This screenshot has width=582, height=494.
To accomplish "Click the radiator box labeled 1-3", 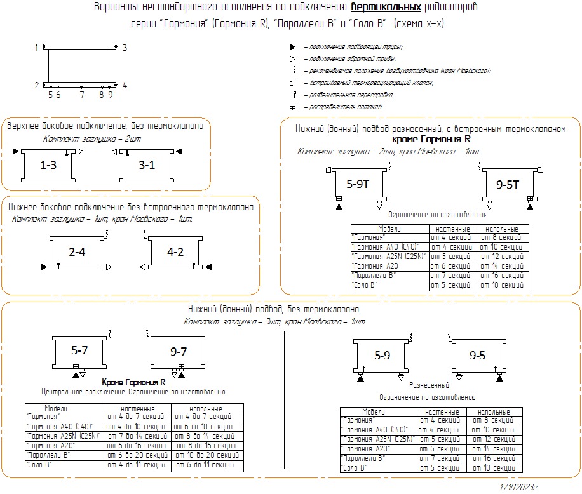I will click(x=48, y=165).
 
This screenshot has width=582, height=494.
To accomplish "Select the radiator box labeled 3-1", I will click(x=147, y=165).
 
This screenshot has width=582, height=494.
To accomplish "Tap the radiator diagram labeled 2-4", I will click(x=77, y=252).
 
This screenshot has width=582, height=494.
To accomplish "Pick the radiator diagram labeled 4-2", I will click(x=175, y=252).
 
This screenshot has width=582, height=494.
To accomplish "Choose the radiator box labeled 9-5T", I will click(x=508, y=185).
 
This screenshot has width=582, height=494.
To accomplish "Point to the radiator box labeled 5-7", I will click(x=79, y=349).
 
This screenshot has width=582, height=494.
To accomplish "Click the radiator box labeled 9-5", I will click(x=477, y=356).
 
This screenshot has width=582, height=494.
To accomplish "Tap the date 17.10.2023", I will click(x=518, y=486).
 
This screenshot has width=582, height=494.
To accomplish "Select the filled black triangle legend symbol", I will click(x=292, y=47).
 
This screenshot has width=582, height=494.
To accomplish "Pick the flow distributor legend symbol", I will click(x=292, y=108).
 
